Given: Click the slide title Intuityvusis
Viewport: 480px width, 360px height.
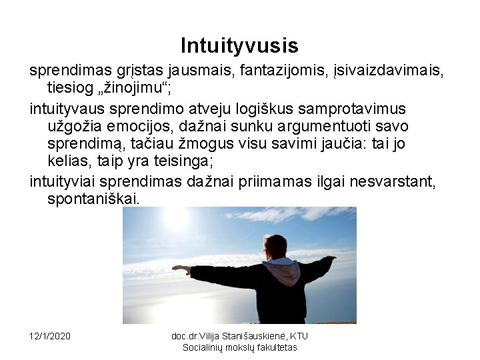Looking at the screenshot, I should click(239, 45).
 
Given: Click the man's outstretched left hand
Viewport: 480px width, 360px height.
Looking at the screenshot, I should click(178, 268).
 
